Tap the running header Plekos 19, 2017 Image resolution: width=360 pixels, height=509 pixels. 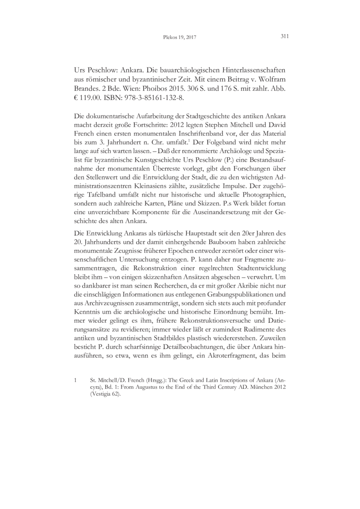click(180, 37)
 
